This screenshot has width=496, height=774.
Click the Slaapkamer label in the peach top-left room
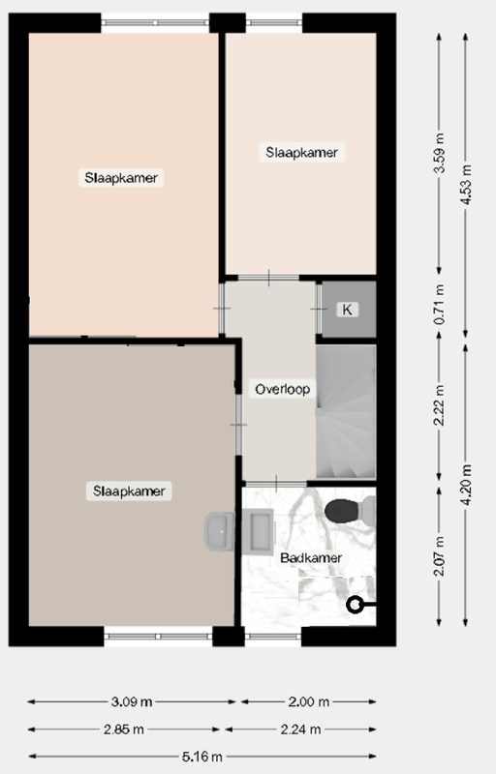pos(121,178)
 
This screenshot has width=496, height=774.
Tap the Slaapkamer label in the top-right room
pos(303,153)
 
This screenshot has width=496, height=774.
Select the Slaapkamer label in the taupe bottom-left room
pos(130,491)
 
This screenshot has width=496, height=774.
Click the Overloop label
pos(282,390)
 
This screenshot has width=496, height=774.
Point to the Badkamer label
pos(311,558)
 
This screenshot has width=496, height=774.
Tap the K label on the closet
pos(347,310)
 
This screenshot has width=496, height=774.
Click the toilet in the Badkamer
pos(347,509)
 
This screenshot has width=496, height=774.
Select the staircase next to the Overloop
pos(346,411)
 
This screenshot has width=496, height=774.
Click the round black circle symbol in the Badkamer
pos(355,606)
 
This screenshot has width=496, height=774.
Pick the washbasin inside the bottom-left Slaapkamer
pos(219,530)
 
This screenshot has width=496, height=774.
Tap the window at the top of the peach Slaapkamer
pos(155,20)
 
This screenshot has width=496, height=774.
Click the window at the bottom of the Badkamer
pos(272,638)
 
